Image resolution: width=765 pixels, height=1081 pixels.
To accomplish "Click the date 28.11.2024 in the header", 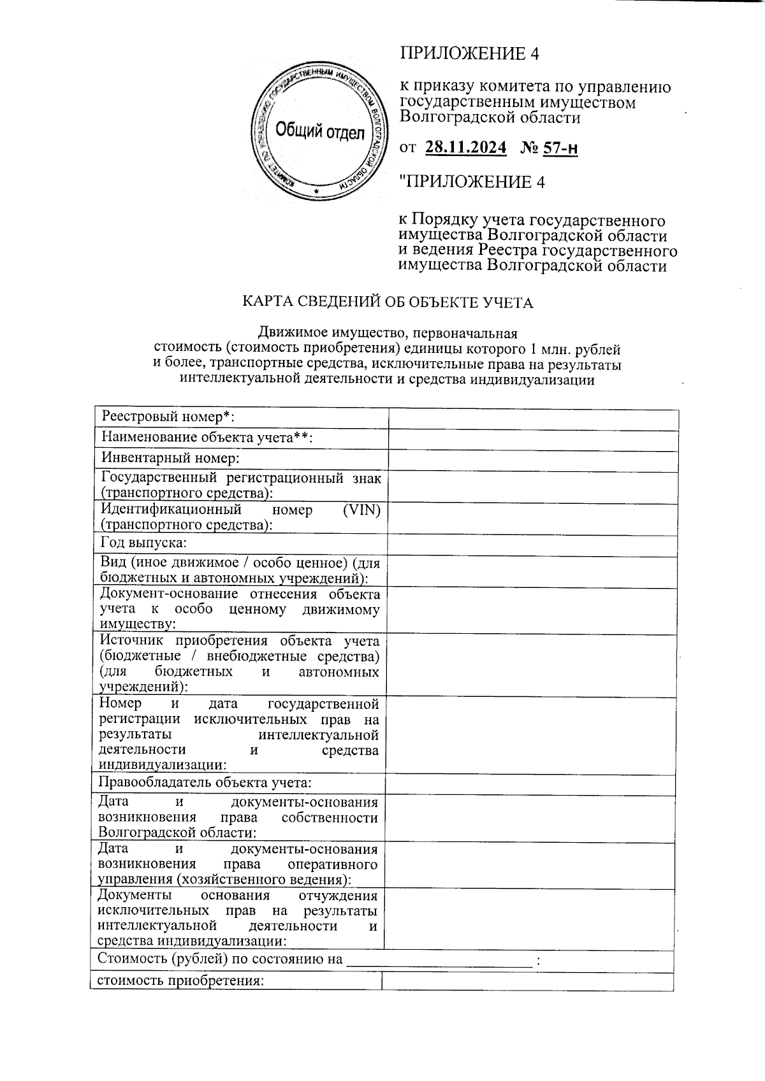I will point(465,148).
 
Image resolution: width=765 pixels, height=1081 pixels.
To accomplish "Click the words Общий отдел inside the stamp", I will point(320,132).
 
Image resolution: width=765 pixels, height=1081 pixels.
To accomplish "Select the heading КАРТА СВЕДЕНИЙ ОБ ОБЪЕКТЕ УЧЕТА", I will point(387,302).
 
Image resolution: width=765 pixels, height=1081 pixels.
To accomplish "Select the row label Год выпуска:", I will point(144,543).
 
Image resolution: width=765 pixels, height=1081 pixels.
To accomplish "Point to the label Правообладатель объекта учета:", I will point(205,782).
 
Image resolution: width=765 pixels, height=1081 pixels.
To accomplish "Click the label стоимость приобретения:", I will point(180,980).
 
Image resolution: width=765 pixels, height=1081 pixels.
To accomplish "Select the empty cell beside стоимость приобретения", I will point(527,981).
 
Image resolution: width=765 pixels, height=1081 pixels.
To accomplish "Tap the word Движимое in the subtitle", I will point(286,333).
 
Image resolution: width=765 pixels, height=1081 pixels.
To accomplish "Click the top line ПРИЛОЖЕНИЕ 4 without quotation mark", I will point(469,54).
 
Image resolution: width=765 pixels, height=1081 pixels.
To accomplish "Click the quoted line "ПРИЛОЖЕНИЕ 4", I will point(472,182).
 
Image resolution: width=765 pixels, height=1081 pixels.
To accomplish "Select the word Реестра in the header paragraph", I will point(511,250).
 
